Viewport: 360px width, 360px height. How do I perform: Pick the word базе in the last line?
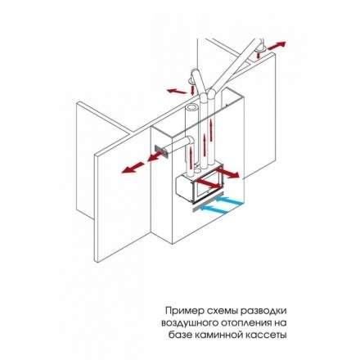click(x=180, y=335)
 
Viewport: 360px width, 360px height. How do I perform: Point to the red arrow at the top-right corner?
click(x=277, y=46)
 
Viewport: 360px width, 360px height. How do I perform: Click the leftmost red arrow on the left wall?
click(x=133, y=168)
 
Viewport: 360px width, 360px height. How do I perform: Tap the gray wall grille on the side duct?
click(x=160, y=151)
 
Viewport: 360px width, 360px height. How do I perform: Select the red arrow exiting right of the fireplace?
click(x=227, y=173)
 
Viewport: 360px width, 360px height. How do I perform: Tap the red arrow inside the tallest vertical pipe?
click(x=211, y=131)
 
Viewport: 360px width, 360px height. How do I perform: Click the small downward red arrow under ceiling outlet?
click(x=193, y=89)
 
